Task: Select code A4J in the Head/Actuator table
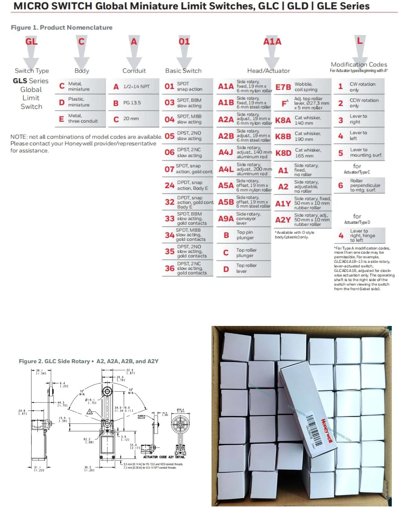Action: [225, 152]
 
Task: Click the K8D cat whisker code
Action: [283, 153]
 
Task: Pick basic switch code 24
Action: [169, 185]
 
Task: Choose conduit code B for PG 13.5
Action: [116, 103]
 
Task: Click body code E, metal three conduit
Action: [61, 119]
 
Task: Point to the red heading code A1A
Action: [272, 42]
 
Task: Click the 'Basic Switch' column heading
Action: [183, 71]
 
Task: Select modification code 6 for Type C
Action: [340, 185]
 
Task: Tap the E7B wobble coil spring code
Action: [283, 87]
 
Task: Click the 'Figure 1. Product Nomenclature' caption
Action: [62, 28]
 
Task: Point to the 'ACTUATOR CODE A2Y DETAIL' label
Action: [164, 457]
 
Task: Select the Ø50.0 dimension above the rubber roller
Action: [181, 410]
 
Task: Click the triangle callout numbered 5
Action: [90, 412]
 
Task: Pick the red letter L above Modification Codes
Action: [360, 41]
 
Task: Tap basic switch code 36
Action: [169, 268]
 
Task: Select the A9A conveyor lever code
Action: [226, 219]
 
